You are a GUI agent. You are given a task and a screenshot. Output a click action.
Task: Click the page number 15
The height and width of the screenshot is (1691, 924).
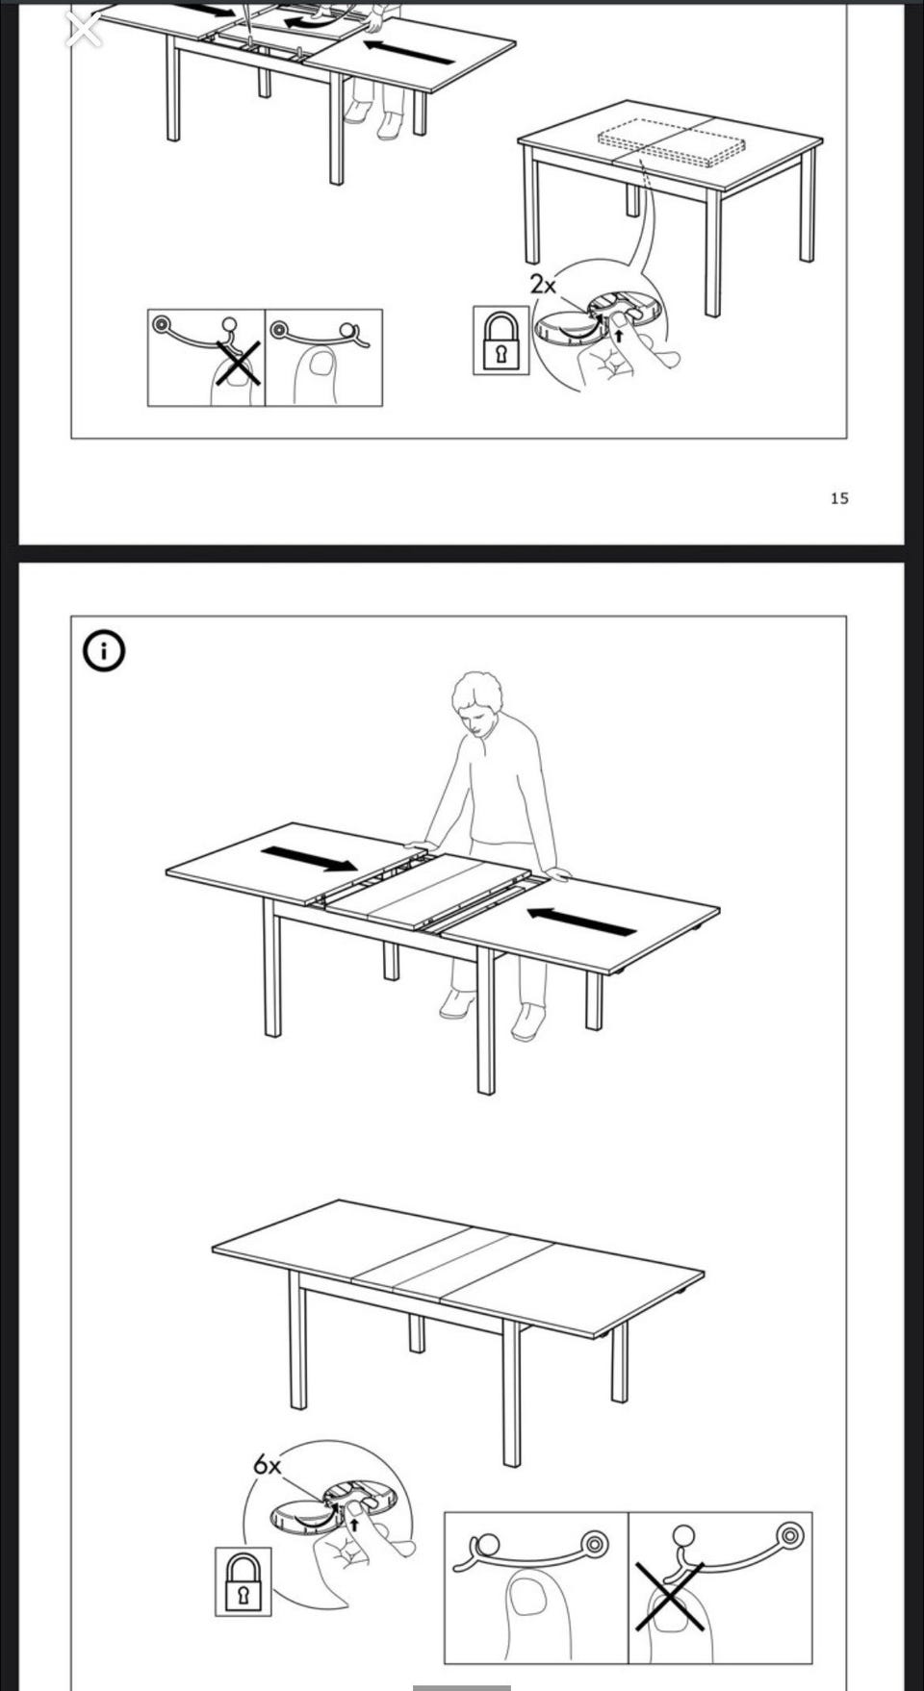[839, 497]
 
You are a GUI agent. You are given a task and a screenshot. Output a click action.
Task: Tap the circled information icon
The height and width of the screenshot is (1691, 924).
[104, 652]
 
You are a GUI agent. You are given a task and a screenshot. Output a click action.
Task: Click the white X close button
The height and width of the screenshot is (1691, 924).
[84, 30]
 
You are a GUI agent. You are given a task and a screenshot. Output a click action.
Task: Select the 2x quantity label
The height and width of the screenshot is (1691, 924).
[543, 285]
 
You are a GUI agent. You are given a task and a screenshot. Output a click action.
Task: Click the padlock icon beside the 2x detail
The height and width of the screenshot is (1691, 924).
[500, 340]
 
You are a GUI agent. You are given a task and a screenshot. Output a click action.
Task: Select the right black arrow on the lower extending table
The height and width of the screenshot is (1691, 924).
[581, 921]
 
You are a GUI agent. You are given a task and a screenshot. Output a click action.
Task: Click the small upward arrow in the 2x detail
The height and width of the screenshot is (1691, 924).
[619, 337]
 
